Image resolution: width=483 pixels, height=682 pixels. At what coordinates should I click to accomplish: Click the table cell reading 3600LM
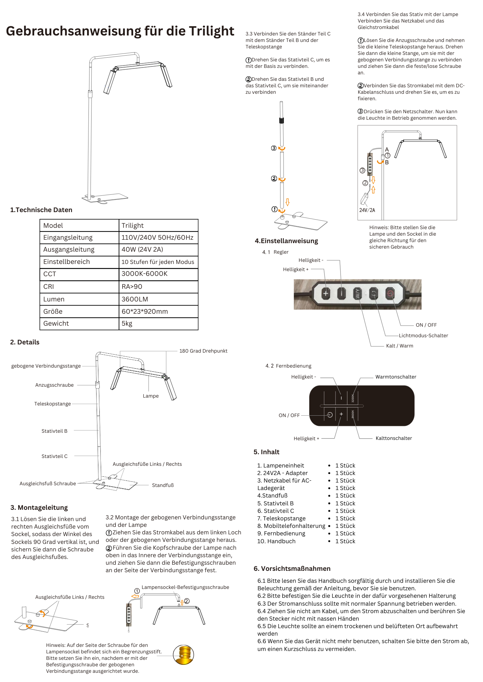(x=135, y=299)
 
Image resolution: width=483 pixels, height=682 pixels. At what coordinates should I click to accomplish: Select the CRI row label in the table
(x=49, y=286)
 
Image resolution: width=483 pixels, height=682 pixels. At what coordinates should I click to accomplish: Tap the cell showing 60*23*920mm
(x=144, y=311)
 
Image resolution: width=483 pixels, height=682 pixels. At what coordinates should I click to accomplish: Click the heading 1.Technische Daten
(x=41, y=210)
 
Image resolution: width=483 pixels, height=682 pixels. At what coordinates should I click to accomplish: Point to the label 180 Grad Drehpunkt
(x=203, y=351)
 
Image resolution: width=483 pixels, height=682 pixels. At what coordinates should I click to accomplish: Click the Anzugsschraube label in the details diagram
(x=54, y=385)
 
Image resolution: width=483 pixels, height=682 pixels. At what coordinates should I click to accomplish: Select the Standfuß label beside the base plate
(x=163, y=485)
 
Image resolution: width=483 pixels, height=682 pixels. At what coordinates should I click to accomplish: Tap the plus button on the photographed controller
(x=326, y=293)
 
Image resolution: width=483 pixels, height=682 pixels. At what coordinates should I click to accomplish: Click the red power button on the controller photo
(x=390, y=293)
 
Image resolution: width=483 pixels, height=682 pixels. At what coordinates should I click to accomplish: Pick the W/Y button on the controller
(x=358, y=293)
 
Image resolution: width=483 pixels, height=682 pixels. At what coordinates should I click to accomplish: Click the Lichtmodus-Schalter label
(x=423, y=336)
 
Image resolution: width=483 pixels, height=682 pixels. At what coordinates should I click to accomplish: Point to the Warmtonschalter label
(x=396, y=377)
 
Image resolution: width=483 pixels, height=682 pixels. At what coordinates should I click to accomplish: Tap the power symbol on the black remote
(x=330, y=415)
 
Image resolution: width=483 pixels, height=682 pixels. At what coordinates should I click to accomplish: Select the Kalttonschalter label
(x=394, y=438)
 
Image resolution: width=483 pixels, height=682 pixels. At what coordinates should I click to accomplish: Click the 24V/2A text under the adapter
(x=367, y=210)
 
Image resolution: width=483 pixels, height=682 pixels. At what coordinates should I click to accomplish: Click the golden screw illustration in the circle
(x=184, y=655)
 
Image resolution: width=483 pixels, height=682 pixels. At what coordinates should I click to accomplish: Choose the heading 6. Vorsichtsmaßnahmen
(x=292, y=568)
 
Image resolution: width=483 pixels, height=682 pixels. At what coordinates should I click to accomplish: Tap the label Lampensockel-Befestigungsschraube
(x=185, y=587)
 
